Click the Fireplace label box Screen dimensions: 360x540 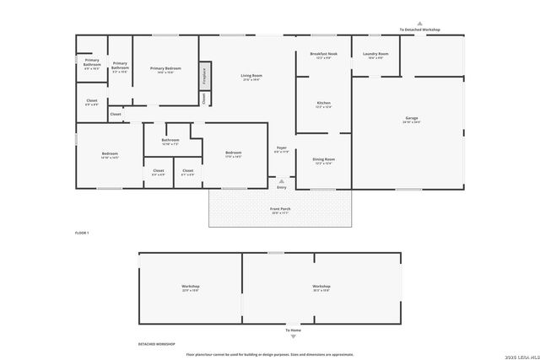point(204,75)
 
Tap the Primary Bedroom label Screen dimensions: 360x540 point(165,70)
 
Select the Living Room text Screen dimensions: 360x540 point(251,78)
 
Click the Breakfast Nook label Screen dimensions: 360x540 point(323,56)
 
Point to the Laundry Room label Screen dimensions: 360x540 point(375,56)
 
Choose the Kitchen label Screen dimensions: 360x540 point(323,105)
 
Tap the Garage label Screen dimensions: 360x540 point(412,120)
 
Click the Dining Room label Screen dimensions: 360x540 point(324,160)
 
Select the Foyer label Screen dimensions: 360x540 point(282,150)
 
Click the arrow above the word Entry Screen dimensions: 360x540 point(282,180)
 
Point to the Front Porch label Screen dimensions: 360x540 point(280,211)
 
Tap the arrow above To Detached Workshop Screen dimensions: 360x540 point(419,24)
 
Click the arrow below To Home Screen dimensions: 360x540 point(294,336)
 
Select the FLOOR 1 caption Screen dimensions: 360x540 point(82,232)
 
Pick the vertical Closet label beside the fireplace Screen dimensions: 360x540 point(204,98)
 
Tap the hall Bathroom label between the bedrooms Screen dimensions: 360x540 point(170,142)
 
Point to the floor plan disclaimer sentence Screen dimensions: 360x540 point(270,355)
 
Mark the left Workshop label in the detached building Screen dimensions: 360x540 point(190,287)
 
